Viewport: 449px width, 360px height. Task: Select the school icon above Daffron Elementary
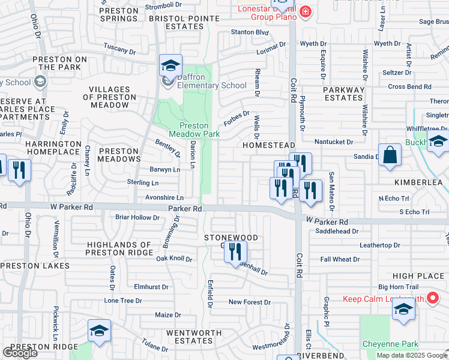pyautogui.click(x=170, y=66)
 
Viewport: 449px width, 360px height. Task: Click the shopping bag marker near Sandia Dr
pyautogui.click(x=390, y=155)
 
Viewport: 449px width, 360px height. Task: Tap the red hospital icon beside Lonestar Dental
pyautogui.click(x=306, y=12)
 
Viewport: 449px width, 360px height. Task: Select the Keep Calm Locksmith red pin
pyautogui.click(x=431, y=298)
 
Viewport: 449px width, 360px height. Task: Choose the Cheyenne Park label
pyautogui.click(x=382, y=344)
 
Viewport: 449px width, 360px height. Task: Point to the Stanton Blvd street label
pyautogui.click(x=250, y=32)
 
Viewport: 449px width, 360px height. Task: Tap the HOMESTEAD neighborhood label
pyautogui.click(x=269, y=145)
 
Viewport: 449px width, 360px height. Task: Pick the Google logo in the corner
pyautogui.click(x=20, y=353)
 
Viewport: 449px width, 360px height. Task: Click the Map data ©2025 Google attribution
pyautogui.click(x=412, y=355)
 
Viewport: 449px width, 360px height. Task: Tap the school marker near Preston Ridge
pyautogui.click(x=100, y=331)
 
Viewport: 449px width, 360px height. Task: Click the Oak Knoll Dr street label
pyautogui.click(x=174, y=259)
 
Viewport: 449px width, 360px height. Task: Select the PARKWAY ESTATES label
pyautogui.click(x=344, y=94)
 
